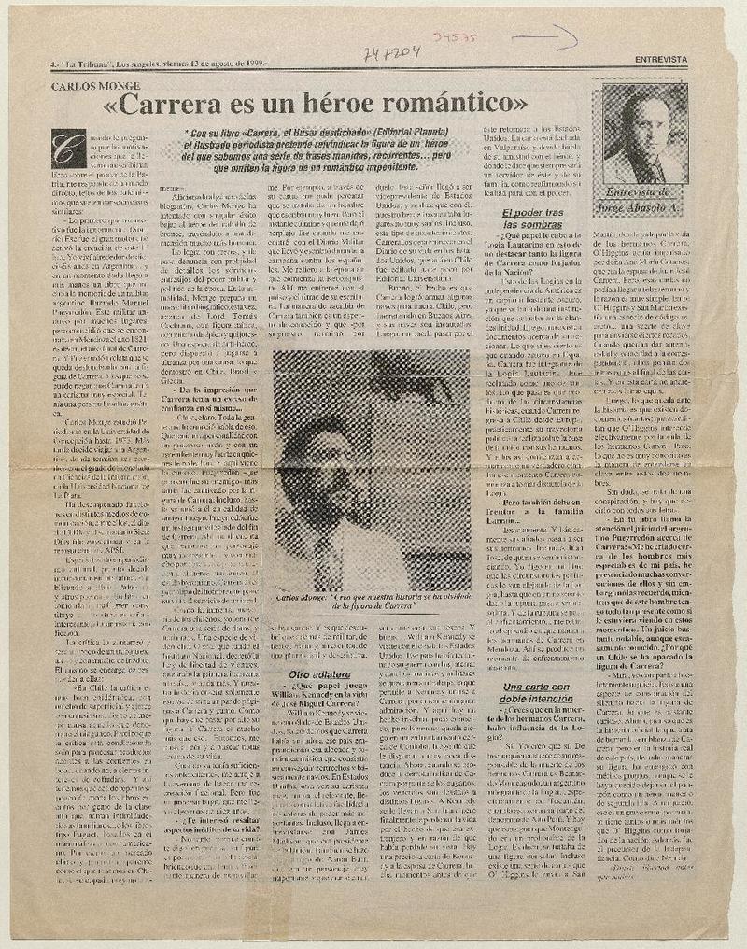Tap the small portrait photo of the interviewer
pos(640,135)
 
